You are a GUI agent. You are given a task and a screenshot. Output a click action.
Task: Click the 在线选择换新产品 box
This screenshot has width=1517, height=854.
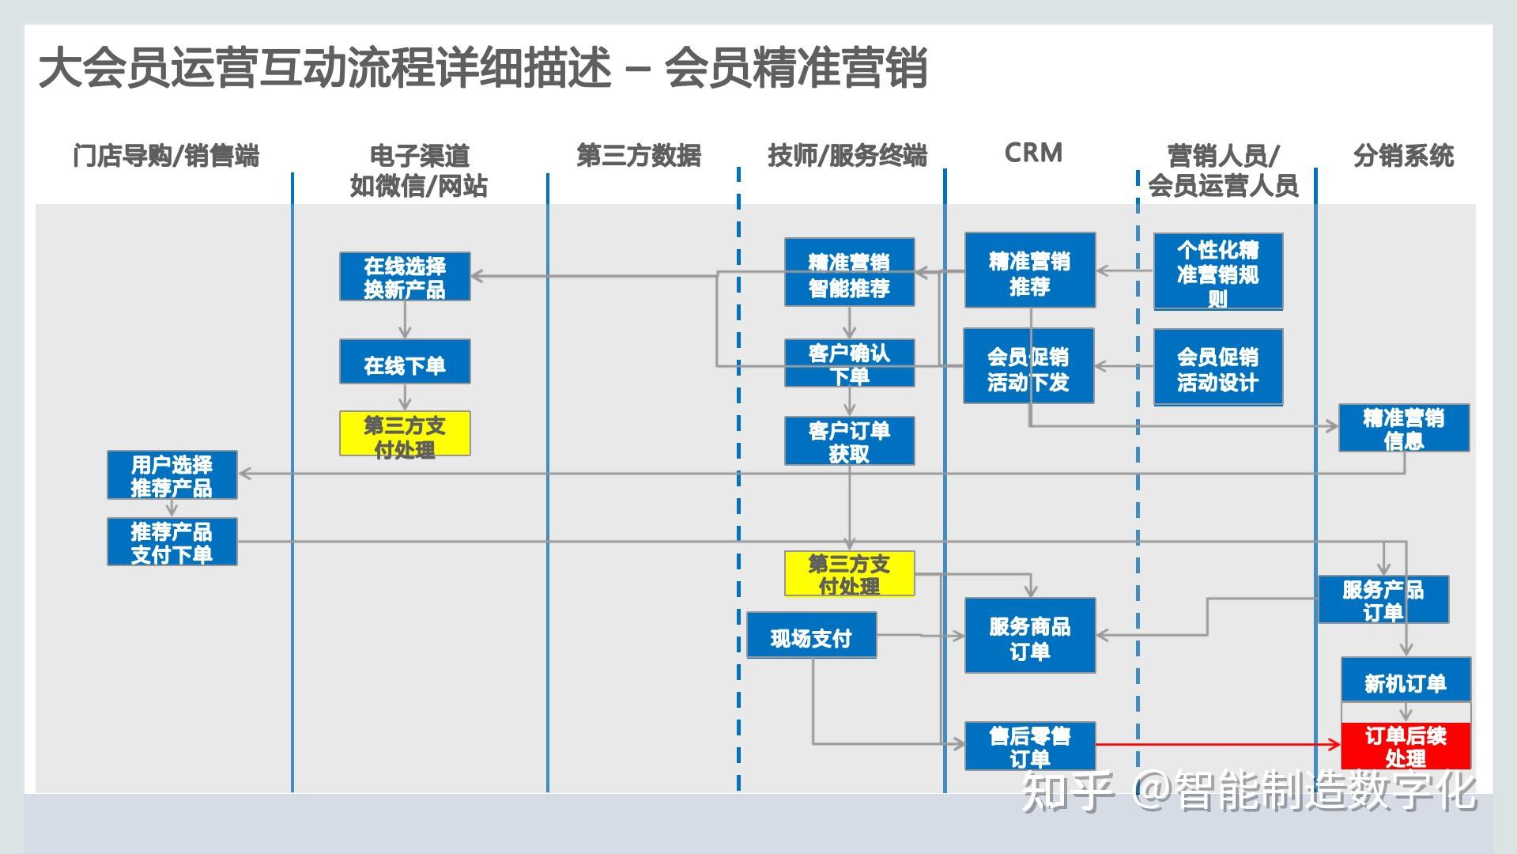click(x=405, y=277)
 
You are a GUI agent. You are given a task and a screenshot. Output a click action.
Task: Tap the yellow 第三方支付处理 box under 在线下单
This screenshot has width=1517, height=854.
click(x=405, y=434)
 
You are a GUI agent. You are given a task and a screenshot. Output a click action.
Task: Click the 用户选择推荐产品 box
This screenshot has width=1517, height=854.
click(x=172, y=475)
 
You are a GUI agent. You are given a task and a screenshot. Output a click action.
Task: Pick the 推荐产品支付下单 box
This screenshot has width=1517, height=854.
click(x=172, y=542)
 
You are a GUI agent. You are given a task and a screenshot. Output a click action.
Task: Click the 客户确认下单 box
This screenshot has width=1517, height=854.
click(x=849, y=363)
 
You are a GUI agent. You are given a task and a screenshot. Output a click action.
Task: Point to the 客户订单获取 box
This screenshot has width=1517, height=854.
click(x=849, y=441)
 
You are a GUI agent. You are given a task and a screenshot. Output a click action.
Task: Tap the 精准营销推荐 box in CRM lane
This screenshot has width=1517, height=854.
click(x=1029, y=270)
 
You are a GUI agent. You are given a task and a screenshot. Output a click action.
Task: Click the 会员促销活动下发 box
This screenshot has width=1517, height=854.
click(x=1028, y=367)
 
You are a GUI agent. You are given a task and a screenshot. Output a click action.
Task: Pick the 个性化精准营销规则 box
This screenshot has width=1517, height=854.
click(x=1217, y=272)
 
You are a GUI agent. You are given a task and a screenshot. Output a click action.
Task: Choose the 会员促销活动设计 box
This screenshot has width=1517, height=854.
click(x=1217, y=368)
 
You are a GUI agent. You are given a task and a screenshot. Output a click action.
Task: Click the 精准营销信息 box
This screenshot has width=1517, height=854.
click(x=1403, y=429)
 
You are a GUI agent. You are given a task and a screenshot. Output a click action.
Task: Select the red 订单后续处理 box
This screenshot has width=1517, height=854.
click(x=1405, y=746)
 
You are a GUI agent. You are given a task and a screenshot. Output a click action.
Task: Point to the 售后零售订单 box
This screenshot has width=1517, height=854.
click(x=1029, y=746)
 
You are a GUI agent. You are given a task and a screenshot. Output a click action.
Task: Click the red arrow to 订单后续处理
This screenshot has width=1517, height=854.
click(x=1217, y=744)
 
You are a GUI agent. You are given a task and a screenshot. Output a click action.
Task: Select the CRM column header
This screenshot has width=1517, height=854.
click(x=1033, y=153)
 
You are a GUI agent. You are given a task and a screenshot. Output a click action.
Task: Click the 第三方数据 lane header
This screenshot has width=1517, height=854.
click(x=639, y=156)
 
